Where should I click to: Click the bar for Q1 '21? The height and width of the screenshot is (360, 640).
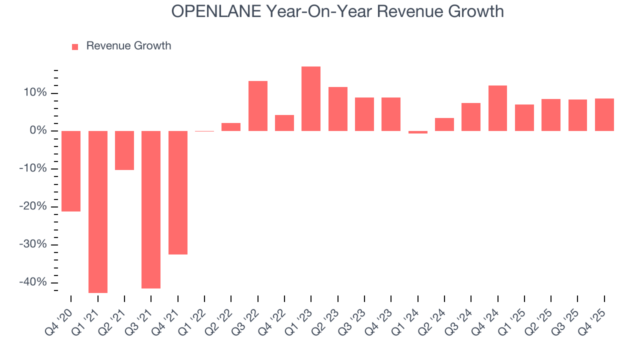click(x=98, y=211)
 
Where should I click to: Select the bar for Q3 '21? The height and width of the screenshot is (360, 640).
click(x=151, y=209)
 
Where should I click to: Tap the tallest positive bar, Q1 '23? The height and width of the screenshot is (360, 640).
click(x=311, y=98)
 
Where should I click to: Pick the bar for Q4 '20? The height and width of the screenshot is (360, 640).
click(x=71, y=171)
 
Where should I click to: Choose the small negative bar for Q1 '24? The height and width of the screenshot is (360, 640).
click(x=418, y=132)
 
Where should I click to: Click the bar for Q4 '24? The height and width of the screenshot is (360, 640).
click(x=498, y=108)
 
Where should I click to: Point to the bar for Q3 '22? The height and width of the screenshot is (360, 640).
click(x=258, y=106)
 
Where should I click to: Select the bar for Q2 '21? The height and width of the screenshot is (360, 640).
click(x=124, y=150)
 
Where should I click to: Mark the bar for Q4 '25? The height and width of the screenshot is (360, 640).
click(x=604, y=114)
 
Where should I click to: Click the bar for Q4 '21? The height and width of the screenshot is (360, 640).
click(x=178, y=192)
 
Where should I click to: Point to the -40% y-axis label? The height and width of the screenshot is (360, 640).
click(x=33, y=282)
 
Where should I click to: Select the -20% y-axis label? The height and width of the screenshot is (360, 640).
click(x=33, y=206)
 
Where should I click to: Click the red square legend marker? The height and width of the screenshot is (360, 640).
click(x=75, y=46)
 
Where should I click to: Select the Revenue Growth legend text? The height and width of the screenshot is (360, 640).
click(x=128, y=46)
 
